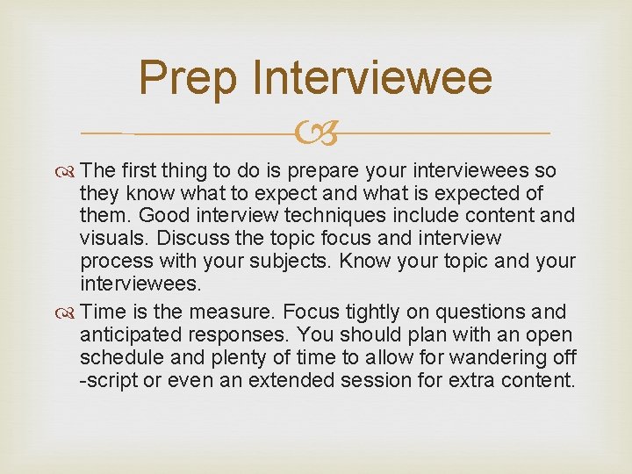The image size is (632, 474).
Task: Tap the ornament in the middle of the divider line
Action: (x=316, y=134)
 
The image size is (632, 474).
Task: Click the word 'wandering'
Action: (x=496, y=358)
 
